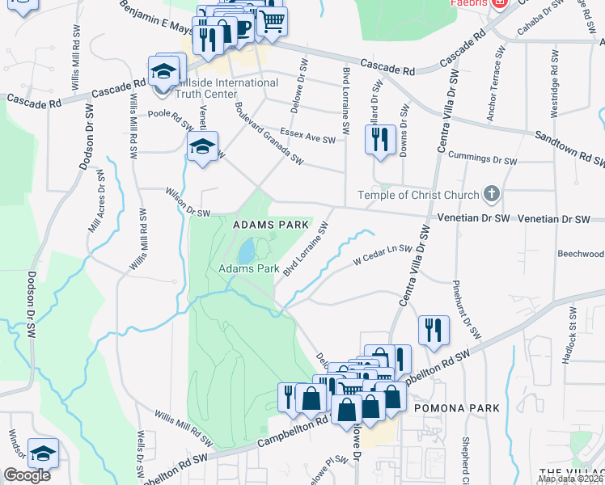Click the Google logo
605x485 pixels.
[27, 475]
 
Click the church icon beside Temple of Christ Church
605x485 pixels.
[490, 193]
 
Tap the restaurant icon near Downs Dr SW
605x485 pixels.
[379, 138]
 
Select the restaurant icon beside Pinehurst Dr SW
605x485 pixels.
[434, 329]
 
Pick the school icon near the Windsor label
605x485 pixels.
[43, 453]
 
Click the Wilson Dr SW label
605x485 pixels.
[187, 204]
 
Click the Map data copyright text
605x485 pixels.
[570, 479]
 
